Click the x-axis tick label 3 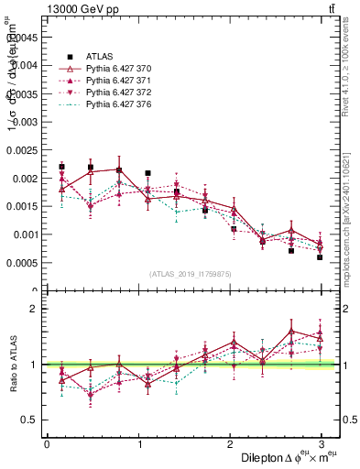click(321, 444)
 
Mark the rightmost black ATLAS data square click(321, 257)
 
